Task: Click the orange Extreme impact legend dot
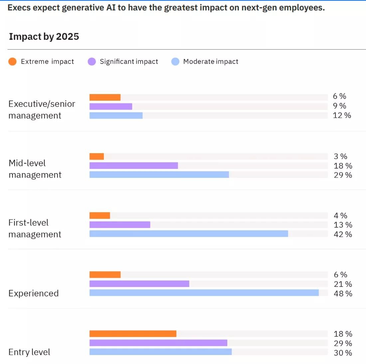(12, 61)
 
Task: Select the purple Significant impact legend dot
(91, 61)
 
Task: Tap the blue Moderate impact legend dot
(175, 61)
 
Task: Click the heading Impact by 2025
(44, 37)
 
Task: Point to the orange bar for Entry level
(133, 334)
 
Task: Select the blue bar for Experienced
(204, 293)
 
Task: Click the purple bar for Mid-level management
(134, 166)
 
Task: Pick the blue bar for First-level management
(189, 234)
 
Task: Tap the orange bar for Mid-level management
(96, 156)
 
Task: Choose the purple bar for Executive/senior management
(111, 106)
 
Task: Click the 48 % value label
(343, 294)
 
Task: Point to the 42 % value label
(343, 234)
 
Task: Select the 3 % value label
(340, 156)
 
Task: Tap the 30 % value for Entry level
(343, 353)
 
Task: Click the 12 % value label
(342, 115)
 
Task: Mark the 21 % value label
(343, 284)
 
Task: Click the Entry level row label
(29, 352)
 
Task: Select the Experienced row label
(34, 293)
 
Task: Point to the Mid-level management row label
(35, 169)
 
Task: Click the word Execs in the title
(19, 8)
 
